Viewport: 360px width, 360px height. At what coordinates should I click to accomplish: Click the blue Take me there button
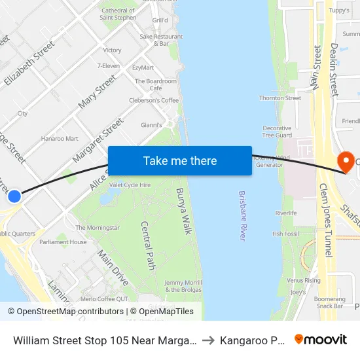click(180, 160)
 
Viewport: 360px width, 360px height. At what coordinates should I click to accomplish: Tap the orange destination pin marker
click(344, 161)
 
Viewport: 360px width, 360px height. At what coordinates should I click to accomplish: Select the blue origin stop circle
click(14, 196)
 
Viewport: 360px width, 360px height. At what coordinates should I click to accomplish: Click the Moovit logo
click(321, 340)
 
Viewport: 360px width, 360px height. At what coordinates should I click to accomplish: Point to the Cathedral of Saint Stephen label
click(117, 14)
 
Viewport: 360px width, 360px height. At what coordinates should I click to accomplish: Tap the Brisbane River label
click(242, 215)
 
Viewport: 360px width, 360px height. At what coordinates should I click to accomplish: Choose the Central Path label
click(148, 245)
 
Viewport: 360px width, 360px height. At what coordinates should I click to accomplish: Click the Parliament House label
click(63, 242)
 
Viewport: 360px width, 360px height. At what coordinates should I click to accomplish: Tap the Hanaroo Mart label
click(60, 139)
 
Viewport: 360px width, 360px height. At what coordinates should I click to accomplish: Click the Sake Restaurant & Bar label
click(161, 40)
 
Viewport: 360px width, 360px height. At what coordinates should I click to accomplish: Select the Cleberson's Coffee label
click(153, 100)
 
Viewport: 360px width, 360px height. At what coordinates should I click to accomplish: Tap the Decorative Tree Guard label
click(277, 132)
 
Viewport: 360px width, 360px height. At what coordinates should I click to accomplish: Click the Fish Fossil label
click(286, 234)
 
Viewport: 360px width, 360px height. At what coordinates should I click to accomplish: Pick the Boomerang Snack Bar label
click(329, 302)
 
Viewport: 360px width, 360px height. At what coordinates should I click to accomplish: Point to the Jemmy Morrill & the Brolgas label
click(183, 285)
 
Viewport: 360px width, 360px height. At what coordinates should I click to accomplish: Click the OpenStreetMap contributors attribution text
click(66, 312)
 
